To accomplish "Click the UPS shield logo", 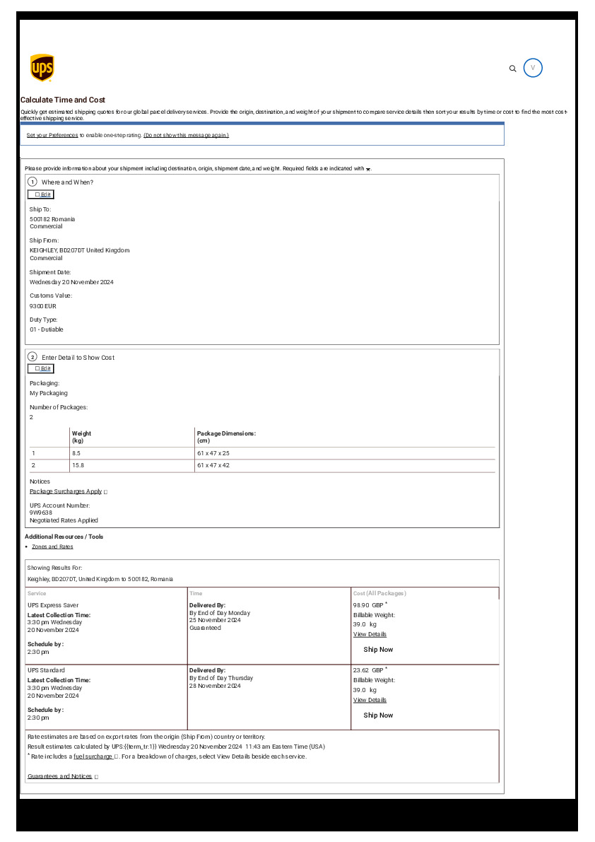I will pos(42,68).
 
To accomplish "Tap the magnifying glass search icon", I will pos(513,69).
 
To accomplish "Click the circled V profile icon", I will pos(533,68).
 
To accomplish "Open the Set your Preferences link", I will pos(52,135).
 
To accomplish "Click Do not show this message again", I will pos(186,135).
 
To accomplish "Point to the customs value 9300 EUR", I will pos(43,306).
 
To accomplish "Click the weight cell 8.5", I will pos(76,452).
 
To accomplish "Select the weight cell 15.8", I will pos(78,465).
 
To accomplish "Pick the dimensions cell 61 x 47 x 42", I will pos(213,465).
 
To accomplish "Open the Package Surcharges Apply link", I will pos(66,491).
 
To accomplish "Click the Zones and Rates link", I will pos(52,546).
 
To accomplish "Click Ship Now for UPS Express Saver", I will pos(378,649).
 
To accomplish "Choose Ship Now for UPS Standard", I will pos(378,715).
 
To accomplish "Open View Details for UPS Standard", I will pos(370,700).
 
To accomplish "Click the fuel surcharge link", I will pos(93,756).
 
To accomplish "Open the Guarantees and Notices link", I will pos(60,776).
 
